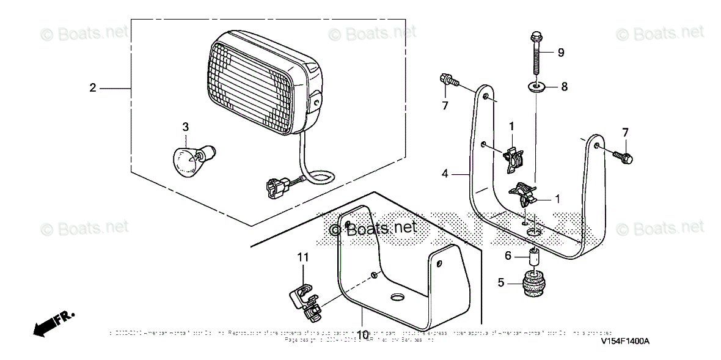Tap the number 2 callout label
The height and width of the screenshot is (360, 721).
pyautogui.click(x=93, y=88)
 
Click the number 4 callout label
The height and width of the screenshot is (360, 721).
pyautogui.click(x=447, y=174)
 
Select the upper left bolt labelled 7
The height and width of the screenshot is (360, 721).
pyautogui.click(x=446, y=79)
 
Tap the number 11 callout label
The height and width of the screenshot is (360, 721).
pyautogui.click(x=303, y=258)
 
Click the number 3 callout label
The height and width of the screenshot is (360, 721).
pyautogui.click(x=186, y=127)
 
